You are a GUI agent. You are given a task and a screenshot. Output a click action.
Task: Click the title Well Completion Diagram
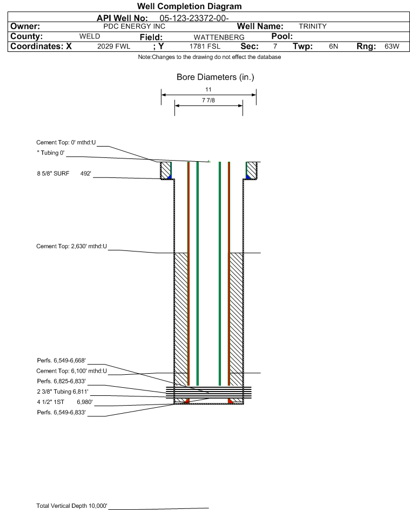tap(189, 6)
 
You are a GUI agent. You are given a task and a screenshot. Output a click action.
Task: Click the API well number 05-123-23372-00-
tap(194, 18)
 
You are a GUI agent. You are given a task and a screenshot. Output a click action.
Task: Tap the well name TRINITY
tap(312, 26)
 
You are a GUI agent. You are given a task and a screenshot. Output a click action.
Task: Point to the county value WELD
tap(89, 36)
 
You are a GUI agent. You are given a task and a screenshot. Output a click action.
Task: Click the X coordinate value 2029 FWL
tap(113, 47)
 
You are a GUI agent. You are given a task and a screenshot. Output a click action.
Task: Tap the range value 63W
tap(392, 47)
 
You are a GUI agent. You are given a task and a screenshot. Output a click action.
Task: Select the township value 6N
tap(333, 47)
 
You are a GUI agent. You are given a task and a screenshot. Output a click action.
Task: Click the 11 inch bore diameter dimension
tap(208, 89)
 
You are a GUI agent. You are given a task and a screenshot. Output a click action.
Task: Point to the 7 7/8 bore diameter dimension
tap(208, 100)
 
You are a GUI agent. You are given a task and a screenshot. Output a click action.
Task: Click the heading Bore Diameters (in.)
tap(215, 77)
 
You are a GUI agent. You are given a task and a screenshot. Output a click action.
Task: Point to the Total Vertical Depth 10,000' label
tap(72, 506)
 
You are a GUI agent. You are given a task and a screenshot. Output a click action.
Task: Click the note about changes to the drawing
tap(209, 57)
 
